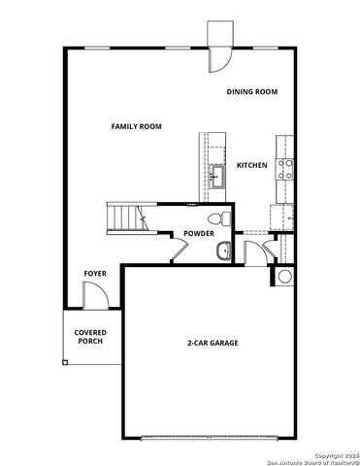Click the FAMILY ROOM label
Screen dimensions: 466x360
(x=136, y=126)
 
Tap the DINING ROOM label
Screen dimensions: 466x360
(x=252, y=91)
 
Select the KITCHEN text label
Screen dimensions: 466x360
(x=252, y=166)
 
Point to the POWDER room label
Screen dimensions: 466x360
(x=198, y=233)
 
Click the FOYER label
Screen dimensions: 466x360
(x=94, y=274)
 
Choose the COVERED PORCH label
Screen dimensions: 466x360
(x=90, y=337)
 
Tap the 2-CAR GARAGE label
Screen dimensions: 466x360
(x=213, y=343)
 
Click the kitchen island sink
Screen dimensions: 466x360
(x=218, y=177)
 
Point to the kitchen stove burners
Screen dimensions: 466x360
(x=286, y=171)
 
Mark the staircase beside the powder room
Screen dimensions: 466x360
(x=125, y=216)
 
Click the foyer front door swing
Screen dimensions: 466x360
(x=95, y=300)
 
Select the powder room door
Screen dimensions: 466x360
(x=179, y=251)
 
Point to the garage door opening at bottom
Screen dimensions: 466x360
(x=213, y=434)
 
